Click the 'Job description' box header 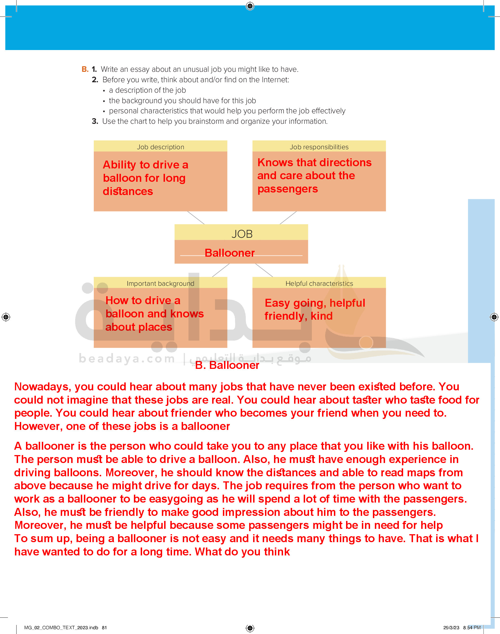[160, 147]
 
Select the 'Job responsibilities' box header [319, 147]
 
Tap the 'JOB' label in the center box [242, 234]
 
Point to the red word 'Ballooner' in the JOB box [229, 253]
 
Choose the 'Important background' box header [160, 283]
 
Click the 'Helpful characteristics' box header [319, 283]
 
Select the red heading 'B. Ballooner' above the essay [227, 365]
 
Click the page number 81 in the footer [105, 627]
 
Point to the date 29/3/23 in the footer [451, 627]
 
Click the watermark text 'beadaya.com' [127, 358]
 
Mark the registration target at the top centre [250, 6]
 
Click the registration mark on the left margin [6, 317]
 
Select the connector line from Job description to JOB [196, 218]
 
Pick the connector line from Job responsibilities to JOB [288, 218]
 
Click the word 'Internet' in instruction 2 [274, 80]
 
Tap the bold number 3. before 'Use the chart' [95, 121]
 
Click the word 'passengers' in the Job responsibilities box [288, 189]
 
